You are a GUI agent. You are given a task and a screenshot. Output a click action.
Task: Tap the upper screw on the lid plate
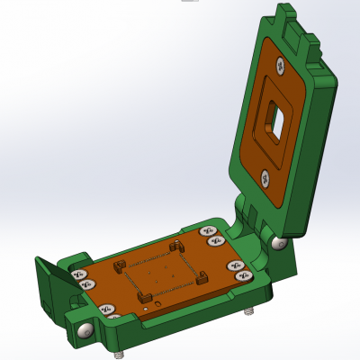pos(282,65)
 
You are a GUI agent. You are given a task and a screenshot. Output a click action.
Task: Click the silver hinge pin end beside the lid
pos(279,243)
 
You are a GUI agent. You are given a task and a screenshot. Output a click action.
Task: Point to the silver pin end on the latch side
pos(85,332)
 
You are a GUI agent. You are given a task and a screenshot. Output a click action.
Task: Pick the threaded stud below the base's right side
pos(249,310)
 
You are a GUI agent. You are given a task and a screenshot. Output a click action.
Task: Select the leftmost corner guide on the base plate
pos(117,265)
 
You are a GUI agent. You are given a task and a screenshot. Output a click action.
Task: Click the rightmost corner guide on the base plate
pos(203,276)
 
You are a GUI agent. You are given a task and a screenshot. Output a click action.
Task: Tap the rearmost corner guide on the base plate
pos(176,245)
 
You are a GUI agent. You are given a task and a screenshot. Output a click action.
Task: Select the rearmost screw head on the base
pos(204,230)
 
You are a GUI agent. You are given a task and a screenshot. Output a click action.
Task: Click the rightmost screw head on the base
pos(243,277)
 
